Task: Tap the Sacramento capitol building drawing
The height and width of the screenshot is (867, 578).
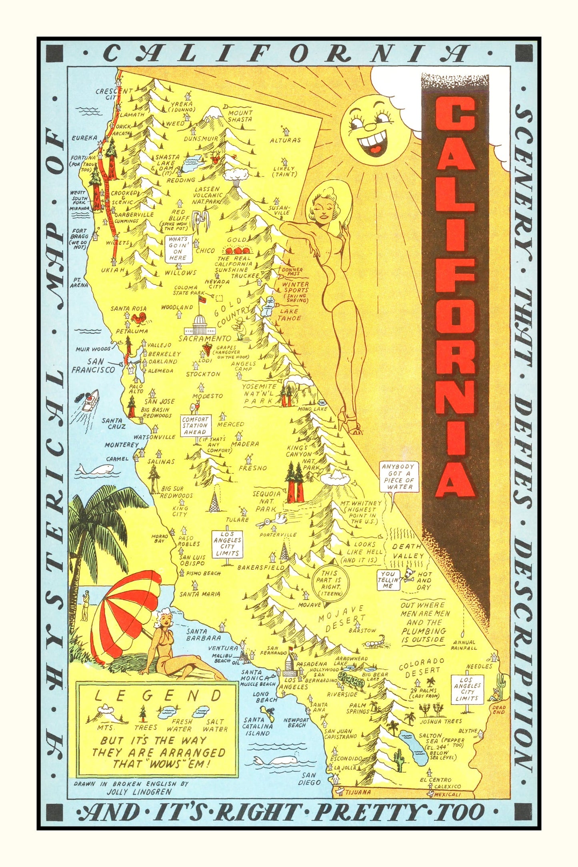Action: coord(199,325)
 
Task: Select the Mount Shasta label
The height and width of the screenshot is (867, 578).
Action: coord(240,116)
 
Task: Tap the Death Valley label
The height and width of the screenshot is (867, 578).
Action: coord(407,551)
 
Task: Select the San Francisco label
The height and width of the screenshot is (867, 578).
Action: coord(93,366)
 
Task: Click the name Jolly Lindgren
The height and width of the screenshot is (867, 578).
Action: coord(139,791)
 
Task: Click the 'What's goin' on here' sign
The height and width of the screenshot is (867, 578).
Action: coord(178,249)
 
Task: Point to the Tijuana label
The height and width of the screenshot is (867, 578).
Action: coord(358,792)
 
